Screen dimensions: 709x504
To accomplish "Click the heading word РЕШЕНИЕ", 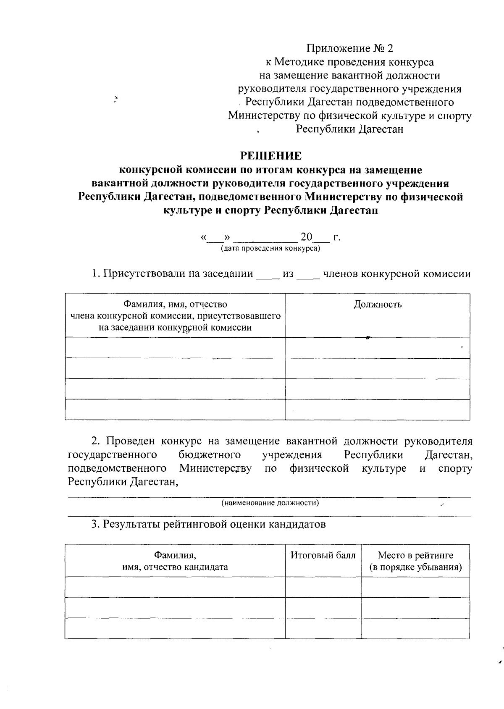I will click(x=270, y=156).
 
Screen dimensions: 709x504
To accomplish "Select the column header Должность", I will click(x=377, y=305).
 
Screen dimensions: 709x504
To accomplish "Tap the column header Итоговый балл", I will click(x=323, y=555).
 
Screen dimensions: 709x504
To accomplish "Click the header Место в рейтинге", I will click(x=415, y=555).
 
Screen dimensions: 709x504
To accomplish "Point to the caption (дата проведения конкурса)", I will click(x=270, y=249).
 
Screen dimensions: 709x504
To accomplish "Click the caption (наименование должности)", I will click(x=270, y=503).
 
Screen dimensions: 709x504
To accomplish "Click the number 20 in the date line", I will click(x=306, y=237).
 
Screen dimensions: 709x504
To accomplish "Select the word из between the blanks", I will click(x=288, y=274).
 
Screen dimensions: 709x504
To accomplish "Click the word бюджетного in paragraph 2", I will click(x=210, y=455).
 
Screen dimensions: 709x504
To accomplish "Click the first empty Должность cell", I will click(x=377, y=348).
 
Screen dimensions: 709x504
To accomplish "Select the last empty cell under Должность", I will click(x=377, y=410).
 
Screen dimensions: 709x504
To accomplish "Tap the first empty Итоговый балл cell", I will click(x=323, y=587).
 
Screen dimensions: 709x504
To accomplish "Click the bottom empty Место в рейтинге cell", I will click(x=415, y=628).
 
